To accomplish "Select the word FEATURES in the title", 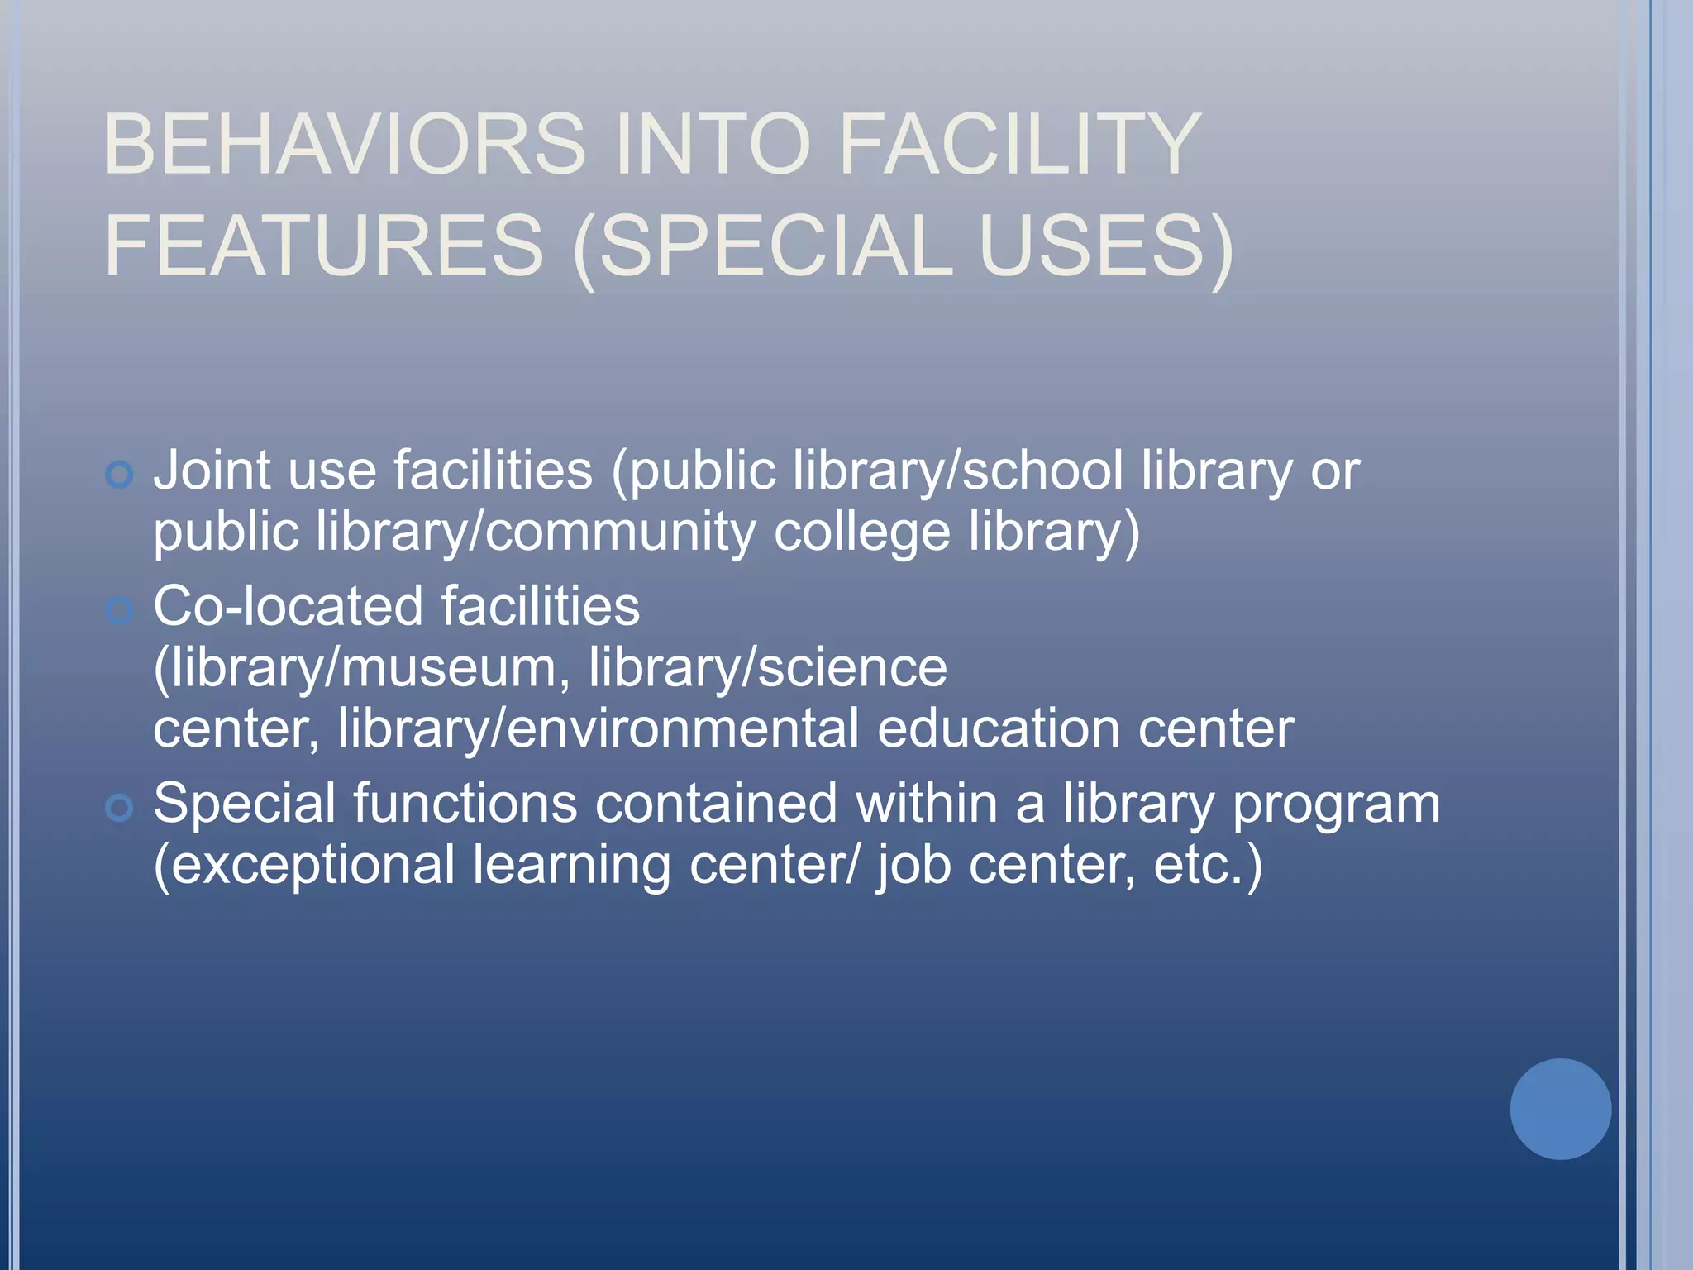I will (x=323, y=246).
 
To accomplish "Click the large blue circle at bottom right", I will (x=1560, y=1109).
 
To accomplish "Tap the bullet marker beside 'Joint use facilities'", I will (x=120, y=475).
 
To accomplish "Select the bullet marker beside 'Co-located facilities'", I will (x=120, y=611).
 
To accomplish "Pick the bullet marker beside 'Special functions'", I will (x=120, y=808).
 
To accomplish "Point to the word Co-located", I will (x=288, y=605).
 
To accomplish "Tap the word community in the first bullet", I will (x=619, y=531).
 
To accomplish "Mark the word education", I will (x=997, y=728).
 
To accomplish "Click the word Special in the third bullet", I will (x=244, y=804).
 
